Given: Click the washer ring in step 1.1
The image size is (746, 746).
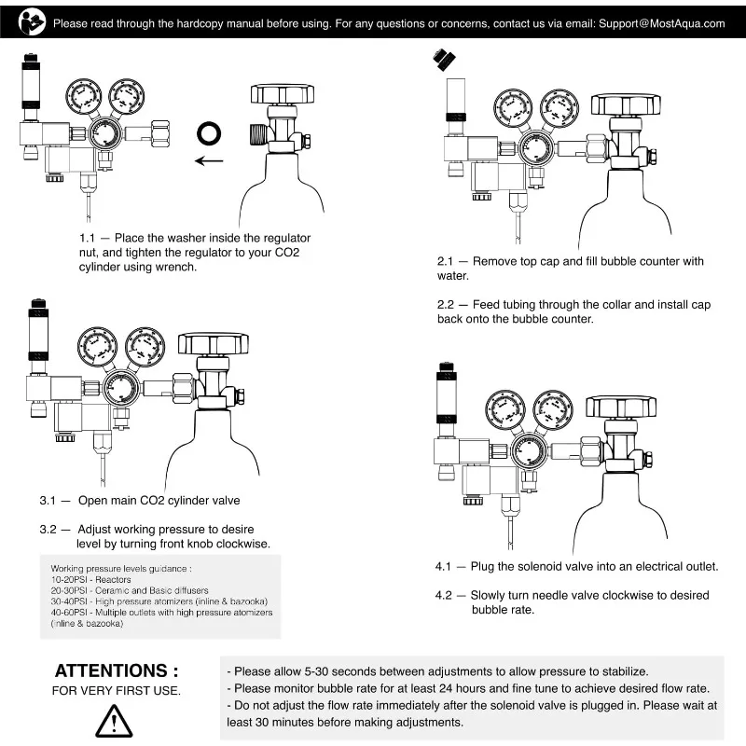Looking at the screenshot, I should coord(208,132).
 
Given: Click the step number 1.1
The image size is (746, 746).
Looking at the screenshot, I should coord(90,239).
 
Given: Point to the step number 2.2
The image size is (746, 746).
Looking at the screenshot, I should coord(447,304).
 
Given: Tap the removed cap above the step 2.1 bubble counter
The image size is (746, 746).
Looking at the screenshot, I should coord(444,61).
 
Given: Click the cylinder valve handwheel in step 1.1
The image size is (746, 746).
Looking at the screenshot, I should coord(283,93).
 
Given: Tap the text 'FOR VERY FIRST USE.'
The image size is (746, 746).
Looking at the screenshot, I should coord(116,691).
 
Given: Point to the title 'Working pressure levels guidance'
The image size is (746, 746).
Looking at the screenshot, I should coord(121,568).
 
